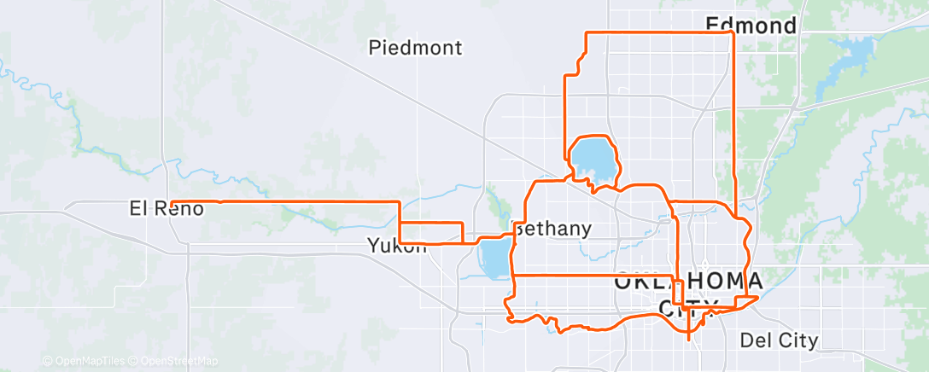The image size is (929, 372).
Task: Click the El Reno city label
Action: pyautogui.click(x=167, y=207)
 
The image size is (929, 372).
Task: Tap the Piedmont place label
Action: pyautogui.click(x=416, y=48)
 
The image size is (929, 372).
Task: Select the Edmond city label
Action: pyautogui.click(x=751, y=25)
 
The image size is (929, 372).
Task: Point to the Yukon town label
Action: pyautogui.click(x=396, y=246)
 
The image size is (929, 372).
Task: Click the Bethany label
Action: pyautogui.click(x=552, y=229)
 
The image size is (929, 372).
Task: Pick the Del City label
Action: pyautogui.click(x=780, y=341)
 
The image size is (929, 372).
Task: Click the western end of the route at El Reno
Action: pyautogui.click(x=172, y=202)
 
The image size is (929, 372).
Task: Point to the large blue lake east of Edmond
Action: pyautogui.click(x=841, y=64)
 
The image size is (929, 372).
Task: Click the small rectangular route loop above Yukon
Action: pyautogui.click(x=431, y=232)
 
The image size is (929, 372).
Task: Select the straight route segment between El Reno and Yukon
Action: pyautogui.click(x=307, y=201)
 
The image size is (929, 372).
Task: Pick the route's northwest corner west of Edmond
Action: pyautogui.click(x=586, y=32)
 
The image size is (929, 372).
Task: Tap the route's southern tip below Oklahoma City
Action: pyautogui.click(x=689, y=339)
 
